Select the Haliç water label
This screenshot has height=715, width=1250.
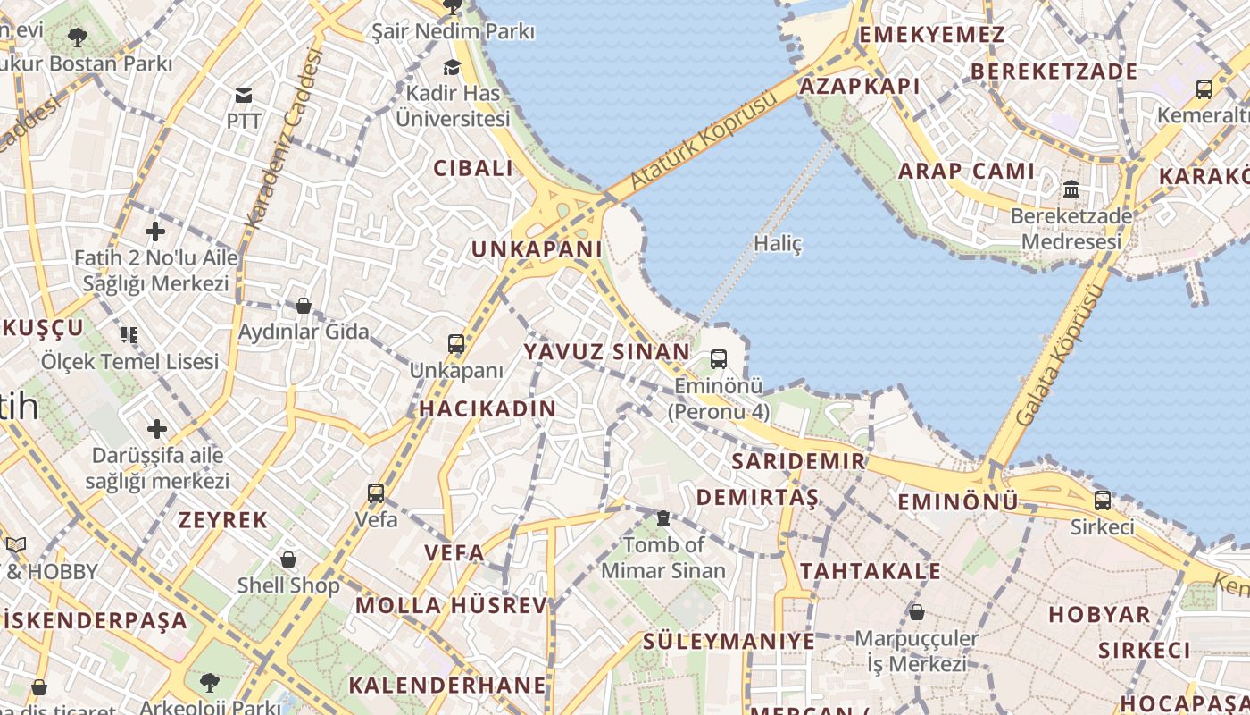click(778, 243)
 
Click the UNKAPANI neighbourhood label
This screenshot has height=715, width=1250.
click(537, 249)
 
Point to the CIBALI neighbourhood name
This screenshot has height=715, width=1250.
click(473, 168)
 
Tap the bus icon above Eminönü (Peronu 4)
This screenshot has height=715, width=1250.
click(719, 359)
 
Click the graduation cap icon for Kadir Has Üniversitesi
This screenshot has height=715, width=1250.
click(453, 67)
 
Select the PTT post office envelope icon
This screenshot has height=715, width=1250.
click(243, 96)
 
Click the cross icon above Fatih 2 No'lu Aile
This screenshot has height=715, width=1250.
click(155, 232)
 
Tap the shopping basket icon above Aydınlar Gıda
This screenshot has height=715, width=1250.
click(304, 306)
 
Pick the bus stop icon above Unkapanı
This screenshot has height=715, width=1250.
click(456, 343)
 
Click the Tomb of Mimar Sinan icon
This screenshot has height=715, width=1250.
click(662, 517)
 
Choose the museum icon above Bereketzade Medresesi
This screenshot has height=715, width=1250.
click(1071, 189)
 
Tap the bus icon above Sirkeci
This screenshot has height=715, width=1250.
click(1103, 500)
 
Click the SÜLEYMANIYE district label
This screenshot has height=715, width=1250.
click(729, 641)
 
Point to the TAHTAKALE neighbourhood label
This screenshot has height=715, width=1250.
click(870, 571)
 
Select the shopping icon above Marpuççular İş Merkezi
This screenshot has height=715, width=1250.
click(916, 612)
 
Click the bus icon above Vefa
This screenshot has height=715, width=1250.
click(376, 492)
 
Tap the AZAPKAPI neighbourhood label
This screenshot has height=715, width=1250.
click(859, 86)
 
